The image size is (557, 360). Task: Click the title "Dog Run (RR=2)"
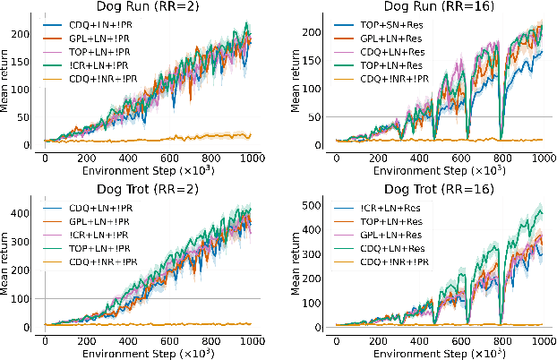coord(148,7)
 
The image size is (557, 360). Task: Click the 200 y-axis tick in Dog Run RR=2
coord(33,34)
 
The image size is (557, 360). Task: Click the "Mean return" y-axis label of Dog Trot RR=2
coord(8,265)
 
